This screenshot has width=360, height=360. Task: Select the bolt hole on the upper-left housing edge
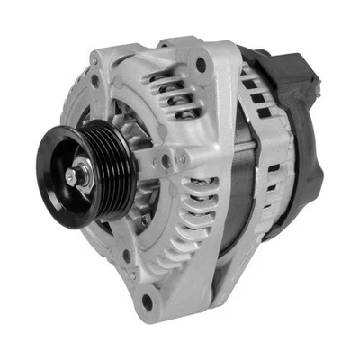(x=95, y=80)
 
